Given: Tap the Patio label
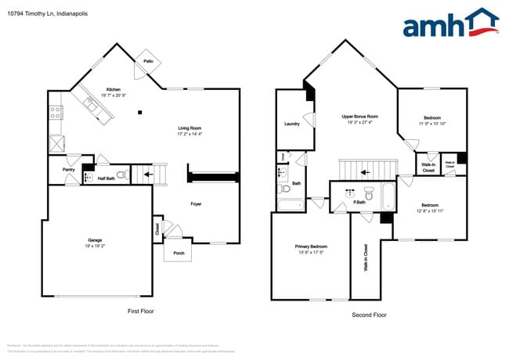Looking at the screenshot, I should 147,60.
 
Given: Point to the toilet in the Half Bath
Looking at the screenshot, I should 121,175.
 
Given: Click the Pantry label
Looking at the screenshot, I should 67,169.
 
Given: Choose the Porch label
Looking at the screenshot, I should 179,253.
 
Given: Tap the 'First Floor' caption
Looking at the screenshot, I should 140,311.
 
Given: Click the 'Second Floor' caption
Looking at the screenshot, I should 370,315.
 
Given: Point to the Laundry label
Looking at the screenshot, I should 292,124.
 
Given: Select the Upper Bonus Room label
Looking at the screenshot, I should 359,117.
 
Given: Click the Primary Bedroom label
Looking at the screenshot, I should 311,247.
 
